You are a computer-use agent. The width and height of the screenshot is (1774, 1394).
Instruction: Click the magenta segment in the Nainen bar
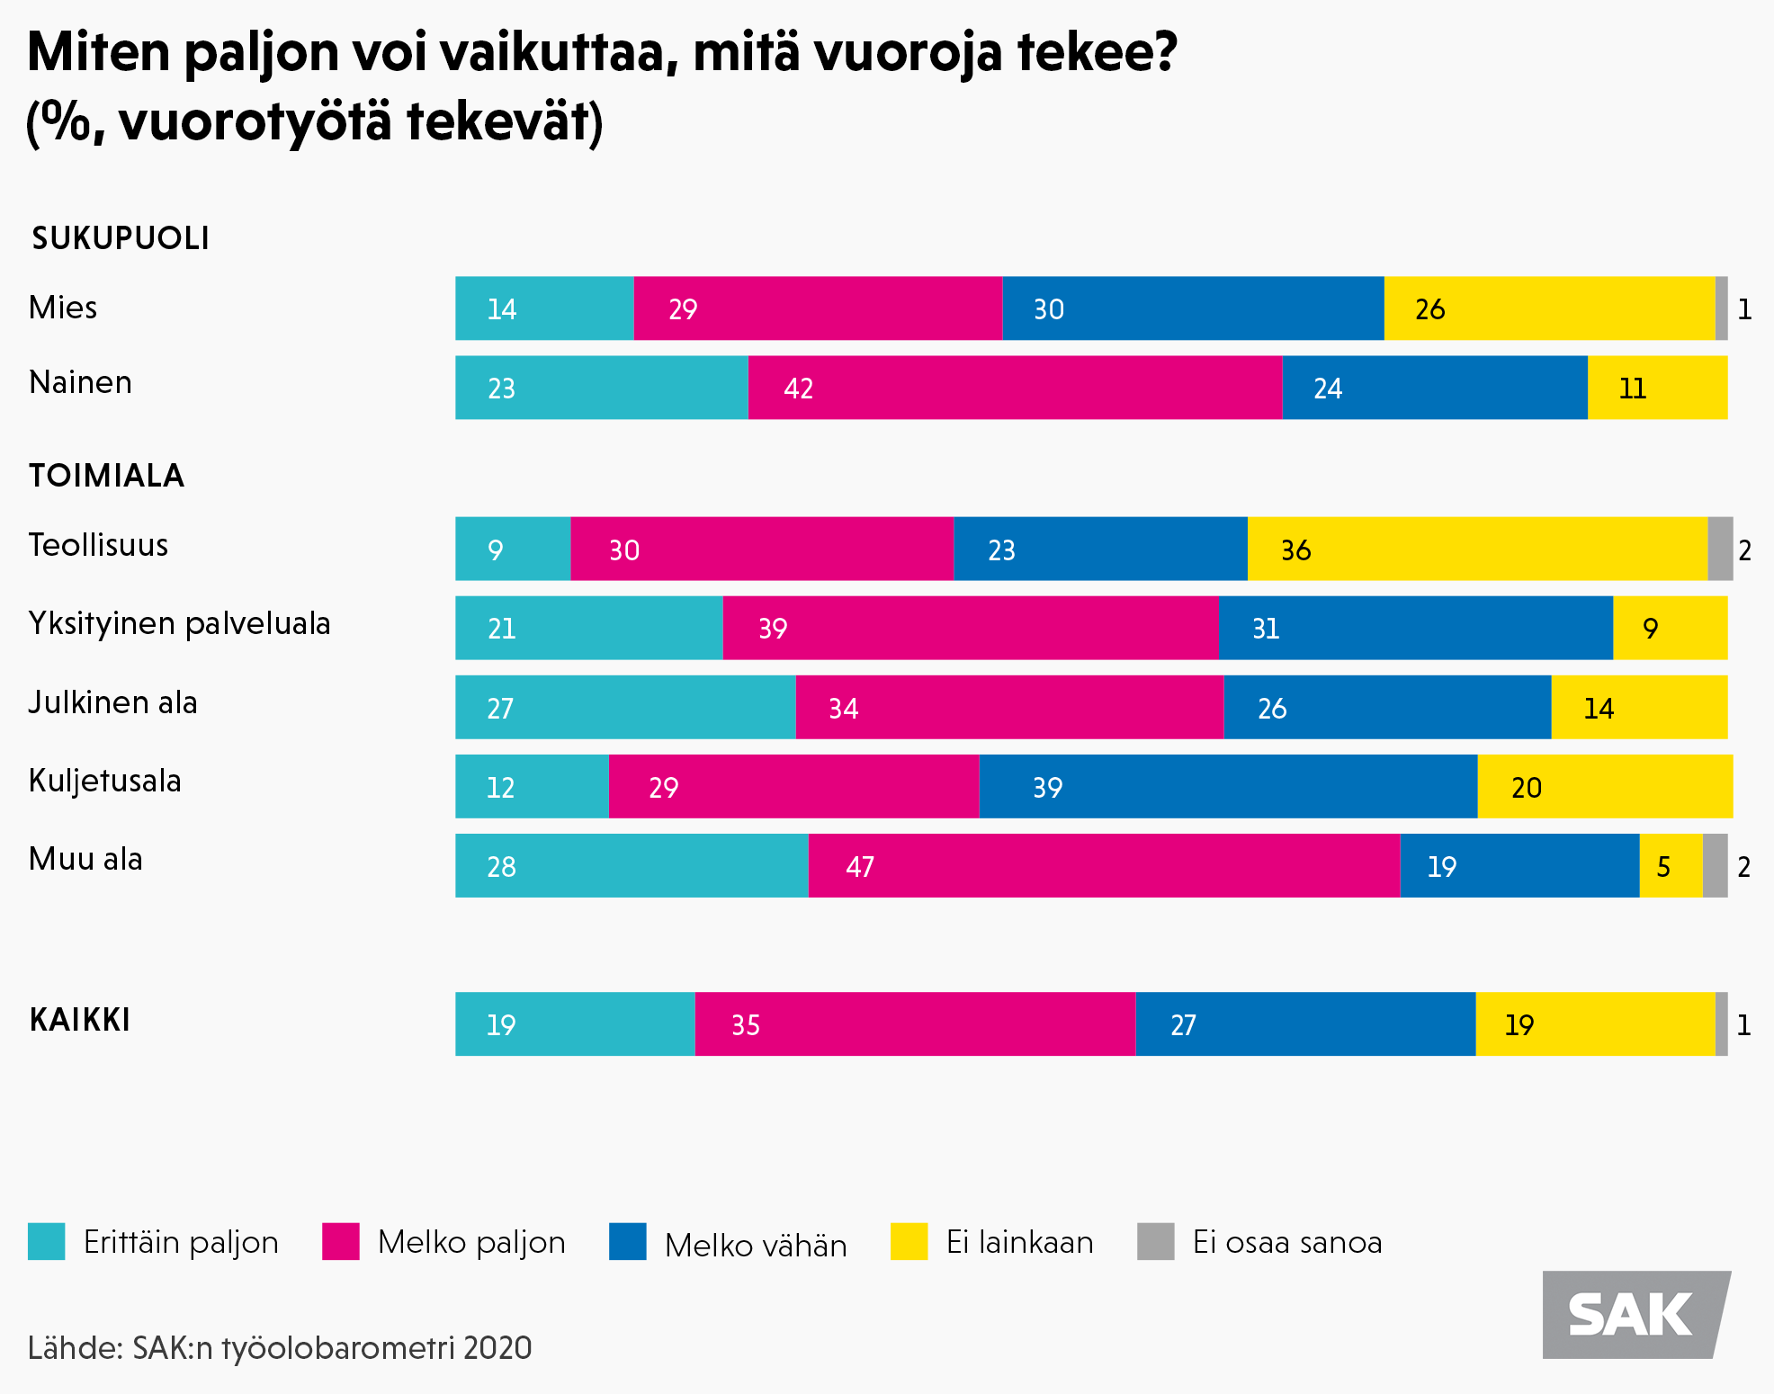[1014, 388]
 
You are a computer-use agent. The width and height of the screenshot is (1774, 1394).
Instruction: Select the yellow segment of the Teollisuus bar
[1476, 549]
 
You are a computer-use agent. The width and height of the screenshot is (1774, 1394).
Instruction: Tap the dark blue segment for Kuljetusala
[1227, 786]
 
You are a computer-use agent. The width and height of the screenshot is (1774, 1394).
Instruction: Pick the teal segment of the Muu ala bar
[632, 865]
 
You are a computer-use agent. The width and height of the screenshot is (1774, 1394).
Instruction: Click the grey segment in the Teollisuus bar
[1719, 549]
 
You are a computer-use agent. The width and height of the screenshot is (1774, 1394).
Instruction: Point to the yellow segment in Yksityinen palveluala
[1670, 628]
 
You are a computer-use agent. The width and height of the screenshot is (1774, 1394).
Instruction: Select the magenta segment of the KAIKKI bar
[915, 1023]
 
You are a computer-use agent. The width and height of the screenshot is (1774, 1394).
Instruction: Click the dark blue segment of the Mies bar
[1192, 308]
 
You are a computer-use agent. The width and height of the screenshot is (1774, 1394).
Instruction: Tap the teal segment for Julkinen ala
[625, 707]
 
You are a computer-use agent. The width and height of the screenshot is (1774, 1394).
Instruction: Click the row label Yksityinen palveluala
[180, 623]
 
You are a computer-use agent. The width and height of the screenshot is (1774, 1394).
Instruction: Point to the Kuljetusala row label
[105, 781]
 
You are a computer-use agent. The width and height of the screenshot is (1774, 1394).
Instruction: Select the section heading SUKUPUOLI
[121, 238]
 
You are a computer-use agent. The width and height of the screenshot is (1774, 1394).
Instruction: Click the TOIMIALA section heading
[106, 476]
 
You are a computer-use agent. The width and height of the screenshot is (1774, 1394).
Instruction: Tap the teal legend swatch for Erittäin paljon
[47, 1241]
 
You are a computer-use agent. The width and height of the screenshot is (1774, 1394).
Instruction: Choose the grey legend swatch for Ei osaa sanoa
[1155, 1241]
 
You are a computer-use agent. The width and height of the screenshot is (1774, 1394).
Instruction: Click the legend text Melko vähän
[756, 1246]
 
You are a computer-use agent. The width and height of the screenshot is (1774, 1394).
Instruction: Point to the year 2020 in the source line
[497, 1348]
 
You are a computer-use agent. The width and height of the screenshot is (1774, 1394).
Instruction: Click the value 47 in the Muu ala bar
[860, 866]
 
